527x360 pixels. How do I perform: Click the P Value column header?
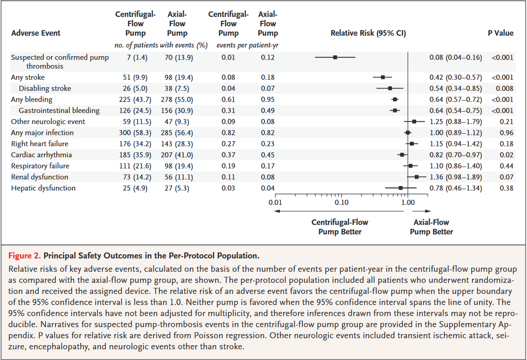coord(500,33)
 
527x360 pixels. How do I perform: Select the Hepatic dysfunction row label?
coord(43,188)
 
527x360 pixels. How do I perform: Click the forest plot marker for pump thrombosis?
coord(335,57)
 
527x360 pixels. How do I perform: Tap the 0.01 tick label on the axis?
coord(275,201)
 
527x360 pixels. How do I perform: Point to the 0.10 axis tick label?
coord(341,201)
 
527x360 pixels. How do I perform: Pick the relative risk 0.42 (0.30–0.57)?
coord(455,78)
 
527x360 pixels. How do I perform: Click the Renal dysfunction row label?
coord(40,177)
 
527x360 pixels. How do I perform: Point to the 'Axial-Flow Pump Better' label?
coord(431,227)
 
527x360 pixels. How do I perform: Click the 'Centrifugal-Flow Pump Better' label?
coord(339,227)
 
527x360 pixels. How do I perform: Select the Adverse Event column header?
coord(36,33)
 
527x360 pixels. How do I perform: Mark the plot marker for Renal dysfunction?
coord(417,177)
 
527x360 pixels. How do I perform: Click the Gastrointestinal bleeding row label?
coord(59,111)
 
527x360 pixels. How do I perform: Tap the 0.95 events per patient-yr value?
coord(267,100)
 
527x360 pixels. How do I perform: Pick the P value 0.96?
coord(507,133)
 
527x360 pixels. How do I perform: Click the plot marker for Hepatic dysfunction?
coord(401,188)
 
